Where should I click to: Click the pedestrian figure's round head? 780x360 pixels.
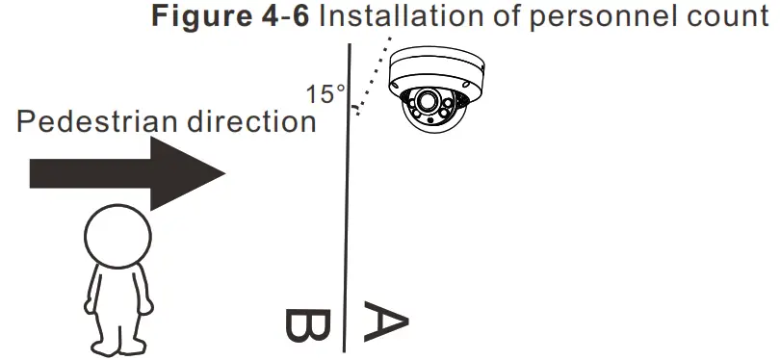(117, 235)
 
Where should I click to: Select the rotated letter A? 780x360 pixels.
(384, 322)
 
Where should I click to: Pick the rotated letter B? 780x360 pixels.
(309, 326)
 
